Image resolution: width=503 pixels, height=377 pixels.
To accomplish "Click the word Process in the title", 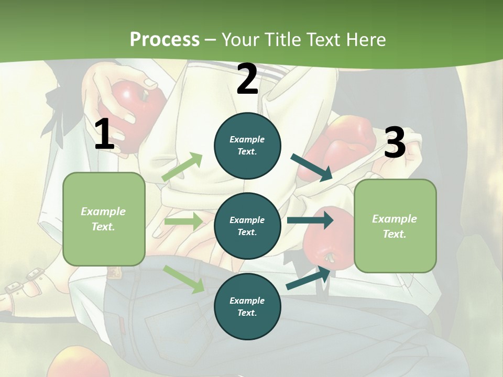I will pyautogui.click(x=165, y=39).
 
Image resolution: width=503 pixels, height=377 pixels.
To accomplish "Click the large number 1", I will pyautogui.click(x=104, y=134).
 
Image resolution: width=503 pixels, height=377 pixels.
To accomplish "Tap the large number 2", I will pyautogui.click(x=247, y=79).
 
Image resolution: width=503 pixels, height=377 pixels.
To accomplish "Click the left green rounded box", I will pyautogui.click(x=104, y=219).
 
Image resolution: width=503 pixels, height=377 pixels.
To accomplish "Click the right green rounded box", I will pyautogui.click(x=395, y=226).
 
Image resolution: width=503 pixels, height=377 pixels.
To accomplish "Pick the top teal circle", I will pyautogui.click(x=247, y=146).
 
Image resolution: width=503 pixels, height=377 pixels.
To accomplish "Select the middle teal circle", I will pyautogui.click(x=247, y=226).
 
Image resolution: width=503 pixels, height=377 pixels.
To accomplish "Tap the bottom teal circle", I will pyautogui.click(x=247, y=306).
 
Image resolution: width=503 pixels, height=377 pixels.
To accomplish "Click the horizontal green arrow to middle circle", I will pyautogui.click(x=183, y=221).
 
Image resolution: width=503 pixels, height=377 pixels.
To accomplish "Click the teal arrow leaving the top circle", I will pyautogui.click(x=312, y=167).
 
